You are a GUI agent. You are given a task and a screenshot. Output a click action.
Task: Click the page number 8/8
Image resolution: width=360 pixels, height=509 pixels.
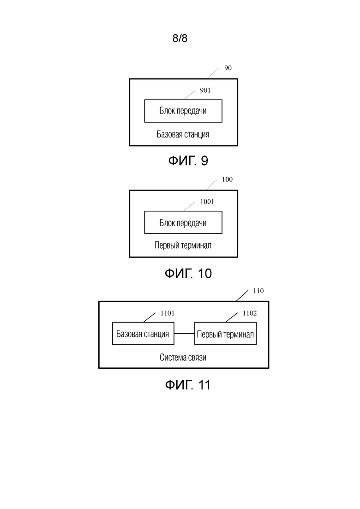(180, 38)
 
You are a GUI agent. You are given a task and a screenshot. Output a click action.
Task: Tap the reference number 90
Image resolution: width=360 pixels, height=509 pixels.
(228, 68)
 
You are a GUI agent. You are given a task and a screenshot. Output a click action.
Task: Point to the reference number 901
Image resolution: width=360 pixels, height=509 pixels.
(205, 90)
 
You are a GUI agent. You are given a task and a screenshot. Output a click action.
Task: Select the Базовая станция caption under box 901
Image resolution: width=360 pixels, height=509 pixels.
(183, 134)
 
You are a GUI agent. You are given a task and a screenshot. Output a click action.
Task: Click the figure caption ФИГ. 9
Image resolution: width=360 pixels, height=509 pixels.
(188, 161)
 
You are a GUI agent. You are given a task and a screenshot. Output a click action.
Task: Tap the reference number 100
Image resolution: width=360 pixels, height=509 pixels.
(227, 179)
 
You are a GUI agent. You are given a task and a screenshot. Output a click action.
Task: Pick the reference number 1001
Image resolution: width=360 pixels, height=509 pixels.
(207, 202)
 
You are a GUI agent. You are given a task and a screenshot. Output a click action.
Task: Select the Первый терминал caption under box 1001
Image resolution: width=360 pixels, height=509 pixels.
(183, 245)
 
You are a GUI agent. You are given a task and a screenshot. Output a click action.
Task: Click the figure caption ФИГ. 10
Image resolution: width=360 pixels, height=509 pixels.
(188, 273)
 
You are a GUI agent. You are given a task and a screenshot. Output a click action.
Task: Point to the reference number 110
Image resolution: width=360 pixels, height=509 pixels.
(258, 291)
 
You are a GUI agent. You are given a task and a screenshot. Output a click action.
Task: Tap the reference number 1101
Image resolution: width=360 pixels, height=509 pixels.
(168, 313)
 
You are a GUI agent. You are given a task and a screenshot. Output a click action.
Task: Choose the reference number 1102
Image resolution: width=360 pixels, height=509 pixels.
(250, 313)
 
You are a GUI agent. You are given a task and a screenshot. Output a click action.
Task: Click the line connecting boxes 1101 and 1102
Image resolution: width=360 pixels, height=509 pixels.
(184, 333)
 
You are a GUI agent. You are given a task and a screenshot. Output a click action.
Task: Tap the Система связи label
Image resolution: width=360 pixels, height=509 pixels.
(183, 357)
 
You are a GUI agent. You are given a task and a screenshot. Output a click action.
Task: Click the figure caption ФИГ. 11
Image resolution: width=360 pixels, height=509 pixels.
(188, 385)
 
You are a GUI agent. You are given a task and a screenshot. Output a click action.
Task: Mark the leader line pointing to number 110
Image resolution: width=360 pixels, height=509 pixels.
(242, 296)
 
